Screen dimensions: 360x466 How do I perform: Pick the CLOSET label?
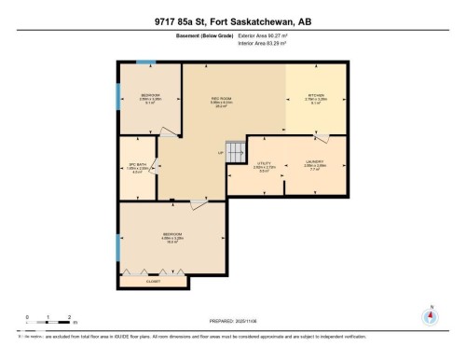[155, 281]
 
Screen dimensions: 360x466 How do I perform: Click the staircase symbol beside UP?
[237, 149]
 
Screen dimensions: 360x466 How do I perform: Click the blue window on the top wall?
[145, 62]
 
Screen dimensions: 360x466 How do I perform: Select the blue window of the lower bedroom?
[118, 248]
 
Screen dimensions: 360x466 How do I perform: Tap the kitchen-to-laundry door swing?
[322, 139]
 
